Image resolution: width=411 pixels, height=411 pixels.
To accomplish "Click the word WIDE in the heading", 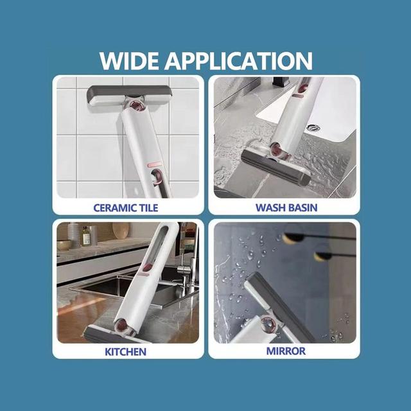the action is pyautogui.click(x=129, y=61).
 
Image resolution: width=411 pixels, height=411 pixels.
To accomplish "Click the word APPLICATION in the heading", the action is pyautogui.click(x=238, y=61).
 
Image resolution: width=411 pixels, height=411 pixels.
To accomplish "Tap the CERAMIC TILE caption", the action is pyautogui.click(x=126, y=208).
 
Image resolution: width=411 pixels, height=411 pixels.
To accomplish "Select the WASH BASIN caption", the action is pyautogui.click(x=286, y=207).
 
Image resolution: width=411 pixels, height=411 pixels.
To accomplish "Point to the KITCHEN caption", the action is pyautogui.click(x=126, y=352).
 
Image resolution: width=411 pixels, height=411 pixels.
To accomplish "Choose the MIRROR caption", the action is pyautogui.click(x=286, y=351).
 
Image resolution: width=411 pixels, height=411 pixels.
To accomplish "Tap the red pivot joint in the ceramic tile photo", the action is pyautogui.click(x=136, y=106).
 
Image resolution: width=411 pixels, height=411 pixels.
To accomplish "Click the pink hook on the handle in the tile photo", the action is pyautogui.click(x=157, y=176).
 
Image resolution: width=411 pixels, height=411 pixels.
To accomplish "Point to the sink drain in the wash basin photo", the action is pyautogui.click(x=313, y=128).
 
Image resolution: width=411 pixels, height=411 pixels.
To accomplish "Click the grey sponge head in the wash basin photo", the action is pyautogui.click(x=275, y=167).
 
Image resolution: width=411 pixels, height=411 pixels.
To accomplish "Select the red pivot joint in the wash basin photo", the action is pyautogui.click(x=278, y=151).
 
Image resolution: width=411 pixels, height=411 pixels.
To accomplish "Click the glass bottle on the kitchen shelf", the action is pyautogui.click(x=85, y=236).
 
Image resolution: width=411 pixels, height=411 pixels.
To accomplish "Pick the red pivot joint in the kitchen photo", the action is pyautogui.click(x=122, y=326).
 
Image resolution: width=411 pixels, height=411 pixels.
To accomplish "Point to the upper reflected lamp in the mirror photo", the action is pyautogui.click(x=293, y=238).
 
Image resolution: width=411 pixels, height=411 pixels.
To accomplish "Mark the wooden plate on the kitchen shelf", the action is pyautogui.click(x=121, y=230).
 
